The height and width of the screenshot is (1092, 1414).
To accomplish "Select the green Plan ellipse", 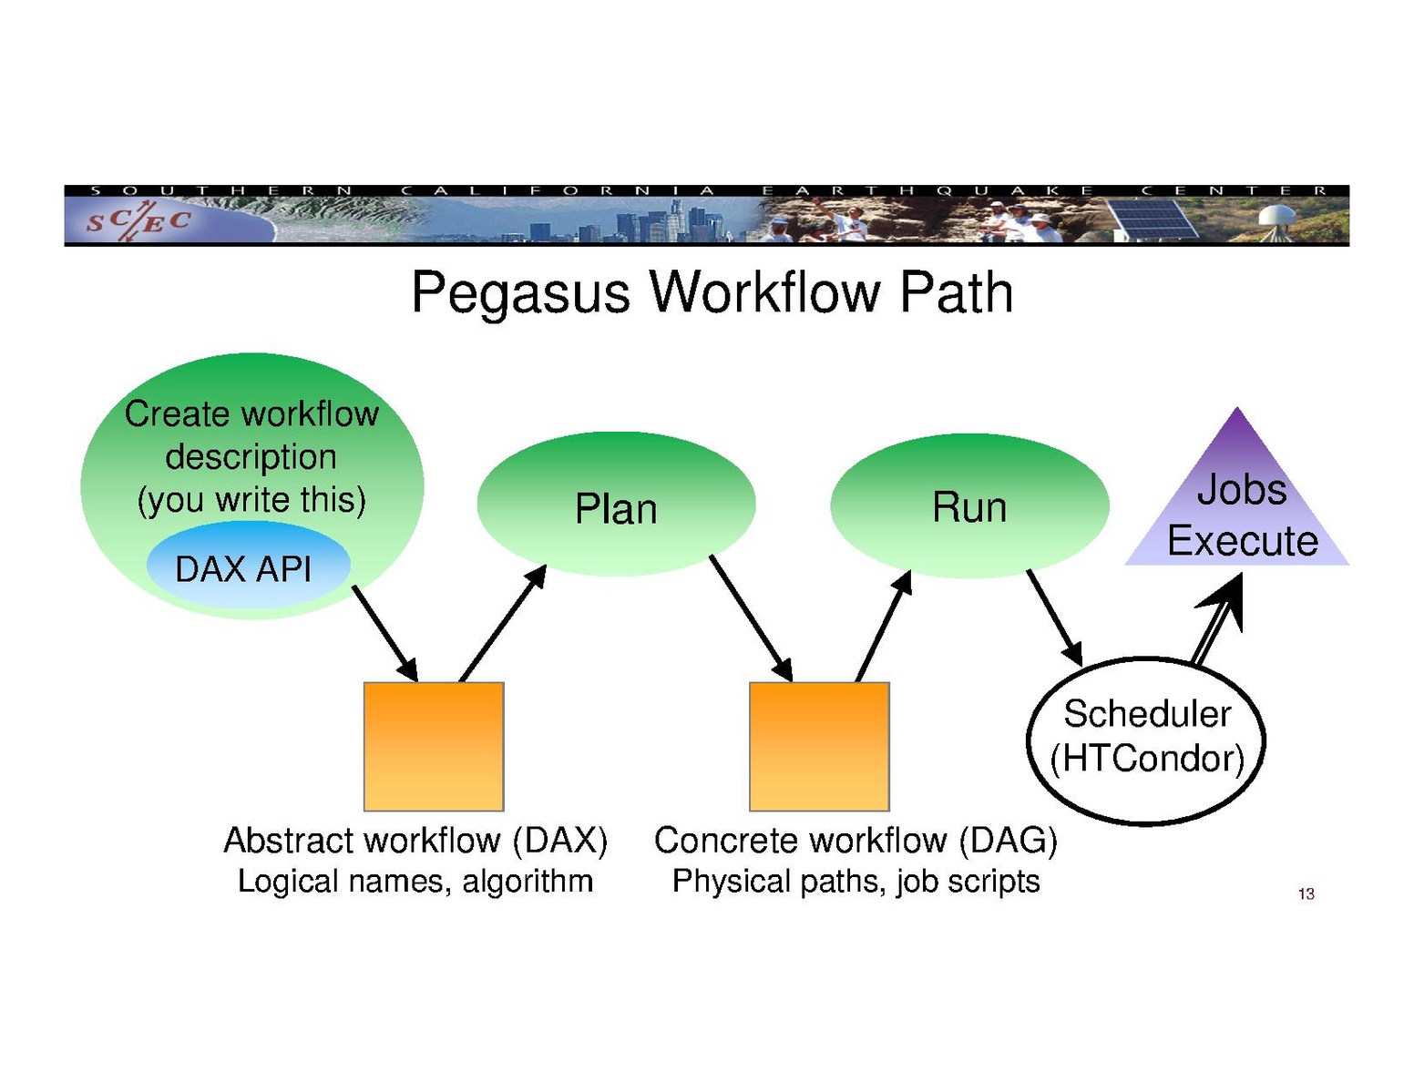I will [616, 505].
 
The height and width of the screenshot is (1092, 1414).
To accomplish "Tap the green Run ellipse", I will [969, 505].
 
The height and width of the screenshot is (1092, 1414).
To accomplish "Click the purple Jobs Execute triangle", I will [1238, 510].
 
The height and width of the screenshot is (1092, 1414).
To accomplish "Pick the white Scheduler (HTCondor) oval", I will [1146, 740].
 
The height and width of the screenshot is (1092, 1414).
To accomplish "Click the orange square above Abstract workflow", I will [434, 746].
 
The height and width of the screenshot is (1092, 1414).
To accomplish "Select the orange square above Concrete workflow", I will [819, 746].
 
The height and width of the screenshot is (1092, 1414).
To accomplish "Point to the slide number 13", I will [1306, 893].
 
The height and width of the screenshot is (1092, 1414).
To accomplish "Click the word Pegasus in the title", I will [520, 292].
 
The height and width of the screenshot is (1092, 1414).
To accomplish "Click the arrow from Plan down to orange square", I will [751, 617].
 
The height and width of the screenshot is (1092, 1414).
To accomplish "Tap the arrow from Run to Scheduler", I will [1054, 617].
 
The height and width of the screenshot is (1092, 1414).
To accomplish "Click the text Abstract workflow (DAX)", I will [415, 840].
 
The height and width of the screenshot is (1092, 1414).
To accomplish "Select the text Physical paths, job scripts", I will [856, 881].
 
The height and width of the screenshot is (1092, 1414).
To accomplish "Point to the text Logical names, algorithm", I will [415, 881].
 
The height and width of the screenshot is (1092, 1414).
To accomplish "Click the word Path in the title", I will [956, 292].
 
